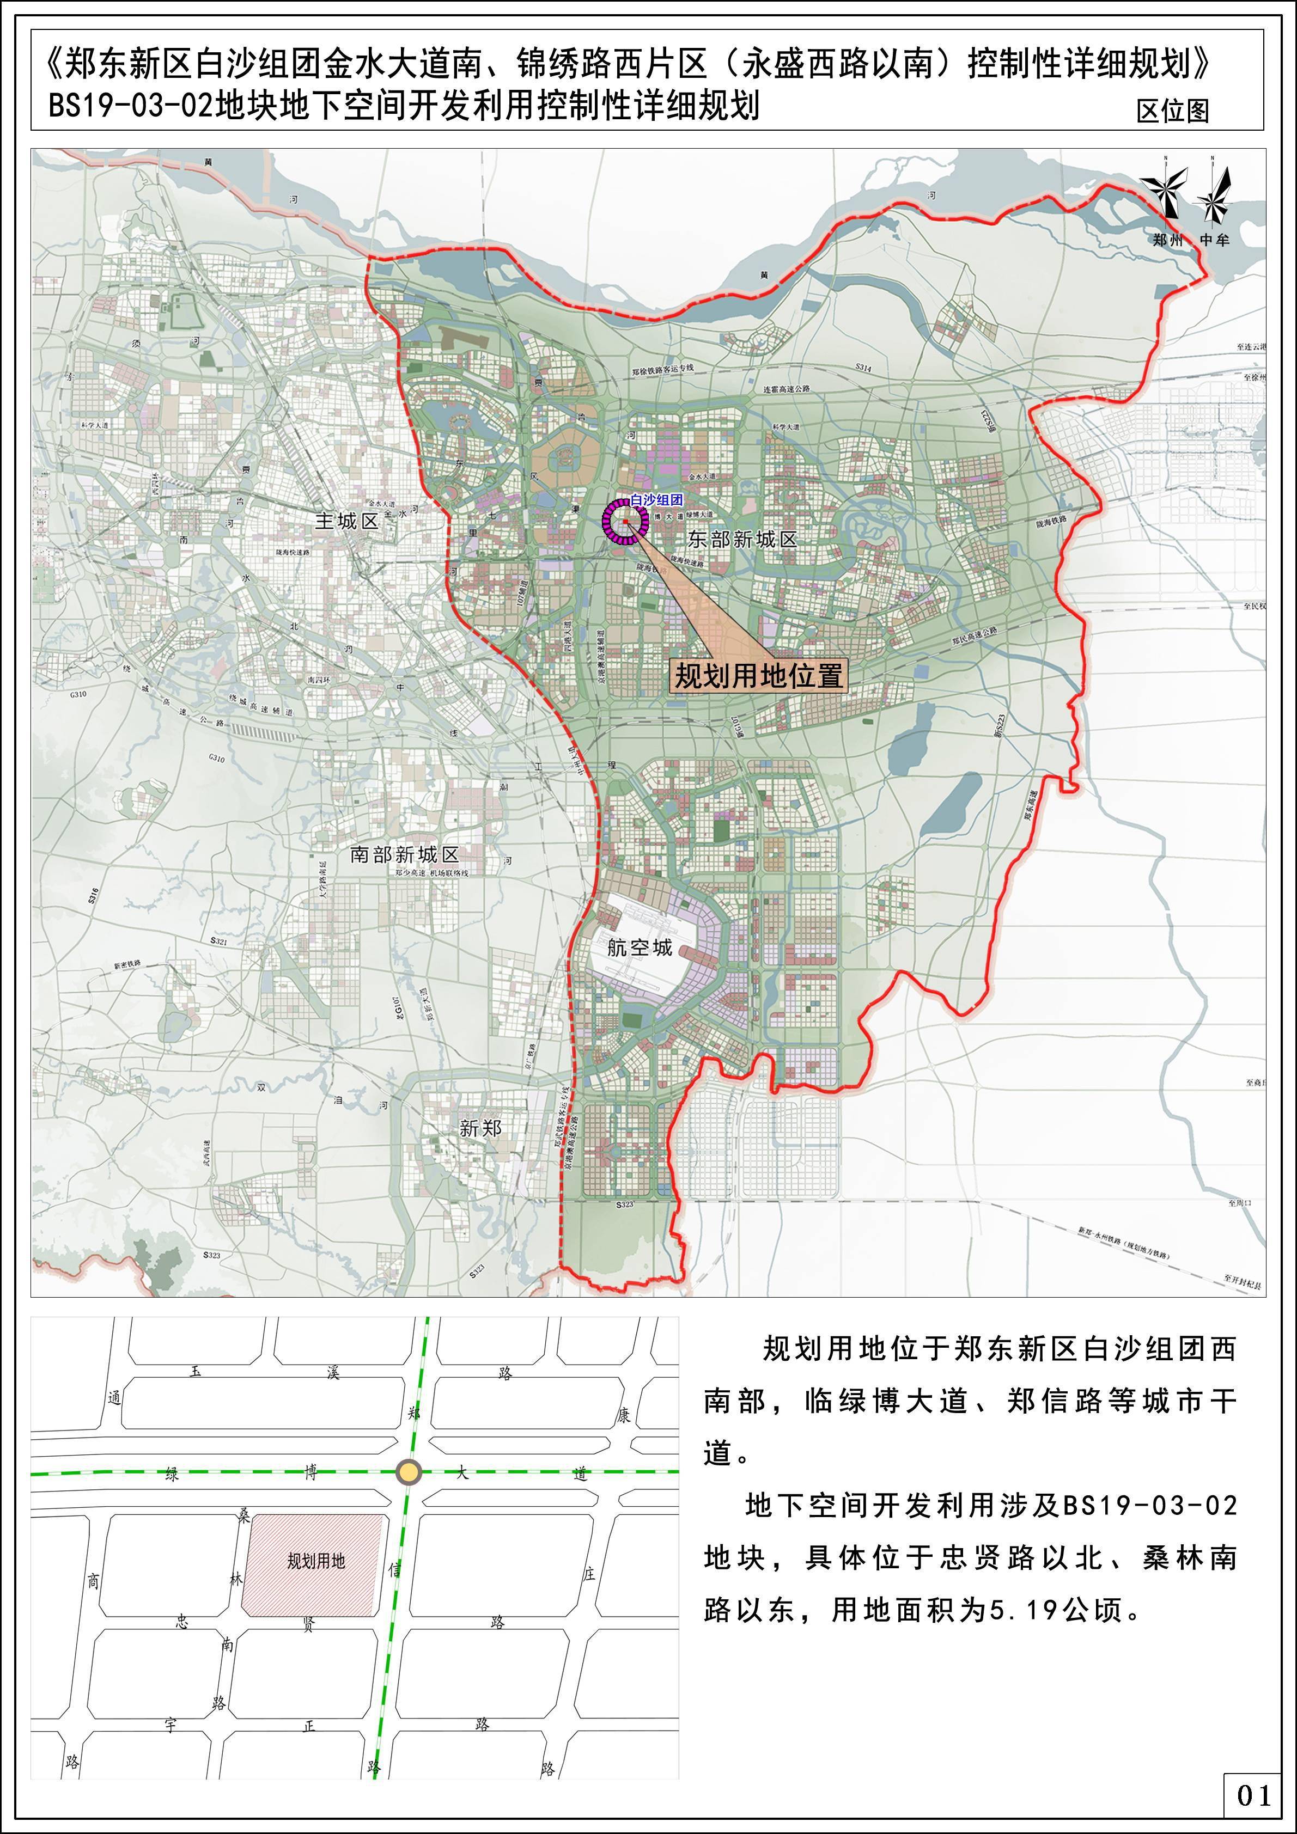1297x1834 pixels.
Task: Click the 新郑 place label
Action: coord(480,1128)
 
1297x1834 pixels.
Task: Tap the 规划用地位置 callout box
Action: coord(758,676)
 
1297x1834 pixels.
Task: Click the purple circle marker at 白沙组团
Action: coord(625,522)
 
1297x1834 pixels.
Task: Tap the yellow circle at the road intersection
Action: coord(409,1471)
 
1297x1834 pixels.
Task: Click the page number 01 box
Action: coord(1252,1795)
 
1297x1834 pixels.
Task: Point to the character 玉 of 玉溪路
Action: coord(196,1372)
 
